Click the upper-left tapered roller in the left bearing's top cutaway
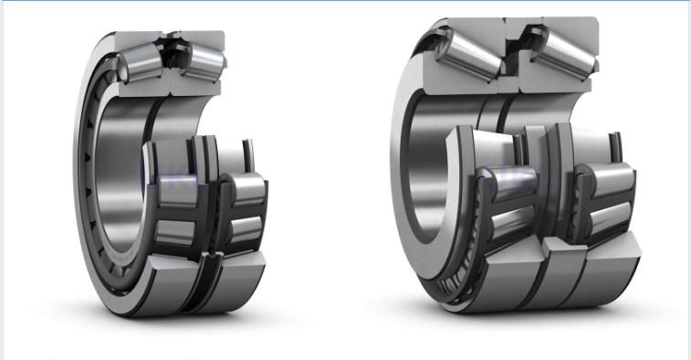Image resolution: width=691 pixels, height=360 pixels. click(140, 63)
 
